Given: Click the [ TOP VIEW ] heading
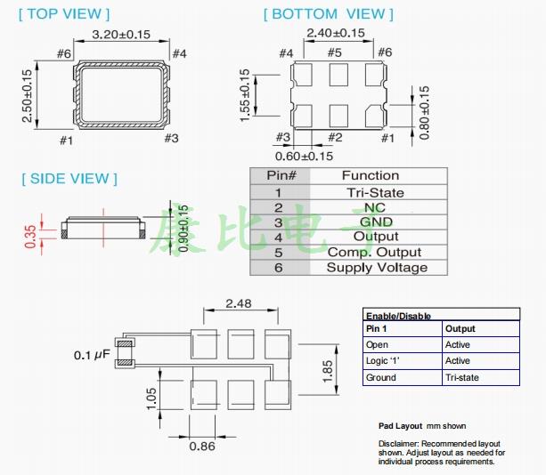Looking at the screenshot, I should pyautogui.click(x=65, y=13).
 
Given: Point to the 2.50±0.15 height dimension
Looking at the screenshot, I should pyautogui.click(x=28, y=96).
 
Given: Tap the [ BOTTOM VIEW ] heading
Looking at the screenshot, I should pyautogui.click(x=329, y=13).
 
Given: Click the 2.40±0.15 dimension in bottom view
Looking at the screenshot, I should pyautogui.click(x=335, y=34).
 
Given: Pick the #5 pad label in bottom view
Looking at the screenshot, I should pyautogui.click(x=335, y=52).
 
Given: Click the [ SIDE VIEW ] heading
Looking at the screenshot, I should pyautogui.click(x=69, y=179).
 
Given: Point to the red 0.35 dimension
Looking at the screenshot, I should pyautogui.click(x=32, y=235).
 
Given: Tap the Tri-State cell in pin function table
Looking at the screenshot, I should pyautogui.click(x=374, y=192).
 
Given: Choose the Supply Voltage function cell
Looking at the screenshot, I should pyautogui.click(x=376, y=267).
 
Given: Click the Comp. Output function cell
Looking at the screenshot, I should pyautogui.click(x=375, y=252).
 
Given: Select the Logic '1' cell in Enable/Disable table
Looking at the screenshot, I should pyautogui.click(x=383, y=361).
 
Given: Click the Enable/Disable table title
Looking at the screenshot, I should pyautogui.click(x=398, y=316).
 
